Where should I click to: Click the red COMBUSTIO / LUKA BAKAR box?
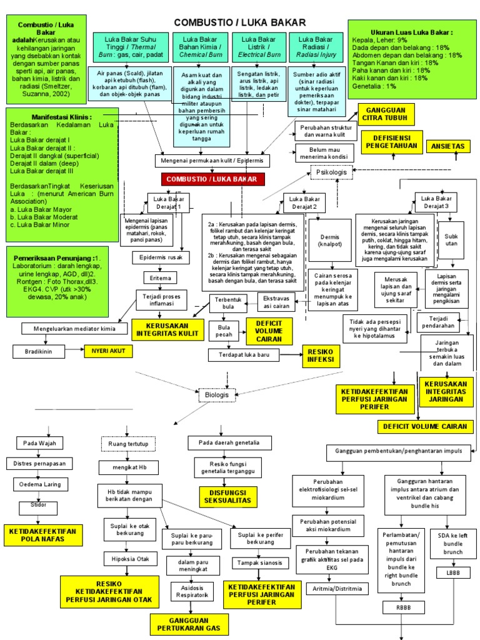tap(212, 179)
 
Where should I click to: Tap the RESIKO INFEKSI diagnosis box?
tap(320, 356)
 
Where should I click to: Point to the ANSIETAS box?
tap(448, 146)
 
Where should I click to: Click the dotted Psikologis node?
tap(331, 171)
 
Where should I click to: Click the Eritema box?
tap(161, 277)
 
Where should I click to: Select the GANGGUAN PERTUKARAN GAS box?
tap(189, 623)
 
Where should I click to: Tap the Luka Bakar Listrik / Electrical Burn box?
tap(256, 47)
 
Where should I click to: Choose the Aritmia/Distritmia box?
tap(336, 589)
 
